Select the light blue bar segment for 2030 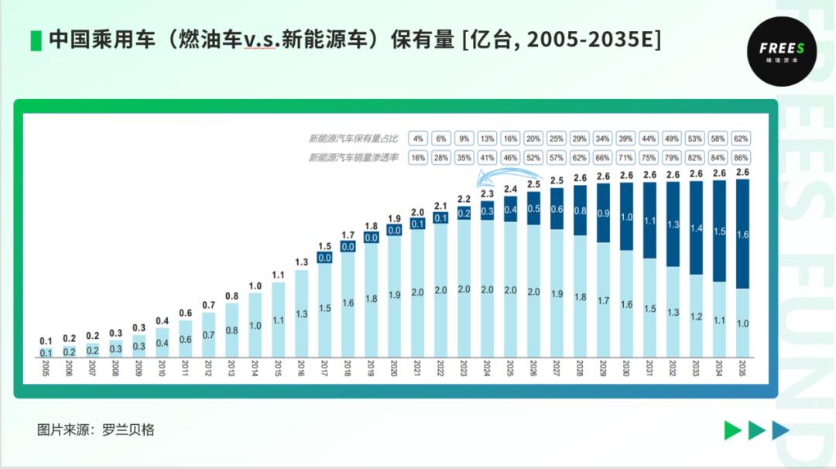click(x=625, y=303)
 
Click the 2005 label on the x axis click(x=46, y=367)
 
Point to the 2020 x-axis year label click(x=394, y=367)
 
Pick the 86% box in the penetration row click(x=742, y=157)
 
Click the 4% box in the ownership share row click(x=418, y=139)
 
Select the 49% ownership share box click(x=672, y=139)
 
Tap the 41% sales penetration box click(x=487, y=157)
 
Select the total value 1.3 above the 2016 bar click(x=301, y=262)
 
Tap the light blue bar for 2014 click(x=255, y=325)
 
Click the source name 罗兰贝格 click(x=128, y=430)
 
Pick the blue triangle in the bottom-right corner click(x=780, y=430)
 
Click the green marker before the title click(x=36, y=40)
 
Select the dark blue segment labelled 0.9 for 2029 click(x=602, y=213)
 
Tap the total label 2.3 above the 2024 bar click(x=487, y=193)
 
